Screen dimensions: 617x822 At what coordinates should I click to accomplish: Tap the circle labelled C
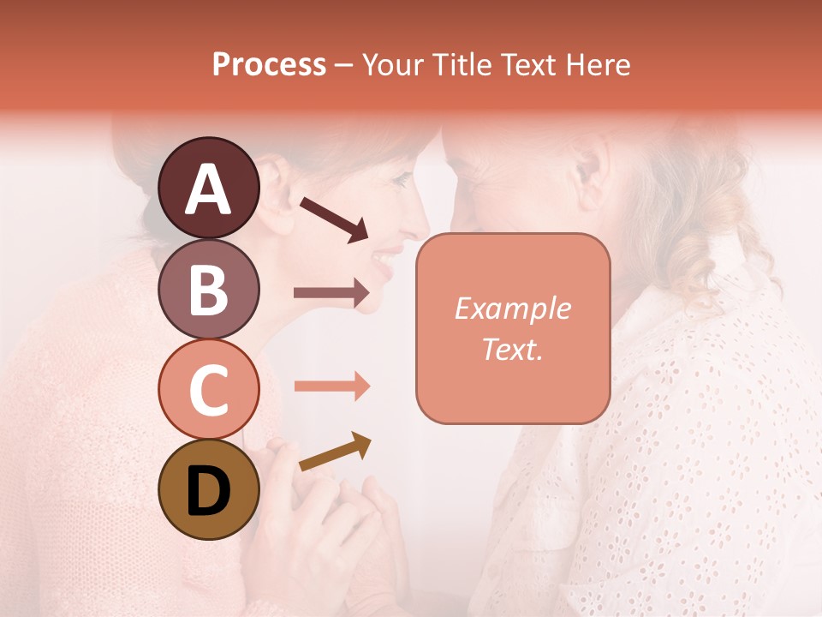tap(208, 389)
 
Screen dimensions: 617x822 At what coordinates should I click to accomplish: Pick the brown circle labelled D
tap(208, 489)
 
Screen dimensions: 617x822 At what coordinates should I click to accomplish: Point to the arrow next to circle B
tap(331, 293)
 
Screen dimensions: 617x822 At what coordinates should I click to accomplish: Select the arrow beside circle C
tap(331, 386)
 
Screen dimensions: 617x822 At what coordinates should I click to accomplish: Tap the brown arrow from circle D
tap(335, 452)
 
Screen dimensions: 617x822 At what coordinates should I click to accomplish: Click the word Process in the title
tap(269, 64)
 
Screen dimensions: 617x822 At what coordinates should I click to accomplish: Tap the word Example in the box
tap(513, 308)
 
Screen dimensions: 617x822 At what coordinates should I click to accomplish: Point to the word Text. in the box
tap(513, 349)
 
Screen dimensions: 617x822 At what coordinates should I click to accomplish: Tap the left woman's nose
tap(418, 225)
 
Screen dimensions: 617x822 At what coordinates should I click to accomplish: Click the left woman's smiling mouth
tap(388, 257)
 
